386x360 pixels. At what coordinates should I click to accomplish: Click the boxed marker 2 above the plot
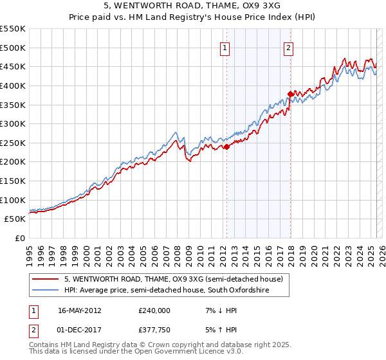[289, 47]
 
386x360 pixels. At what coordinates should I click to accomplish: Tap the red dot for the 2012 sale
[226, 147]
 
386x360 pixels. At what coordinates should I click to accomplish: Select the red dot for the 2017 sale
[290, 94]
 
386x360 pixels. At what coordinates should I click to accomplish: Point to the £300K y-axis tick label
[13, 123]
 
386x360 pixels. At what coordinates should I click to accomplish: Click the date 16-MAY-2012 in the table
[80, 310]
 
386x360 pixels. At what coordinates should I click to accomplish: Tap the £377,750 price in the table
[154, 330]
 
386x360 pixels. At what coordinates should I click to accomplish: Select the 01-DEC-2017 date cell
[80, 330]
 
